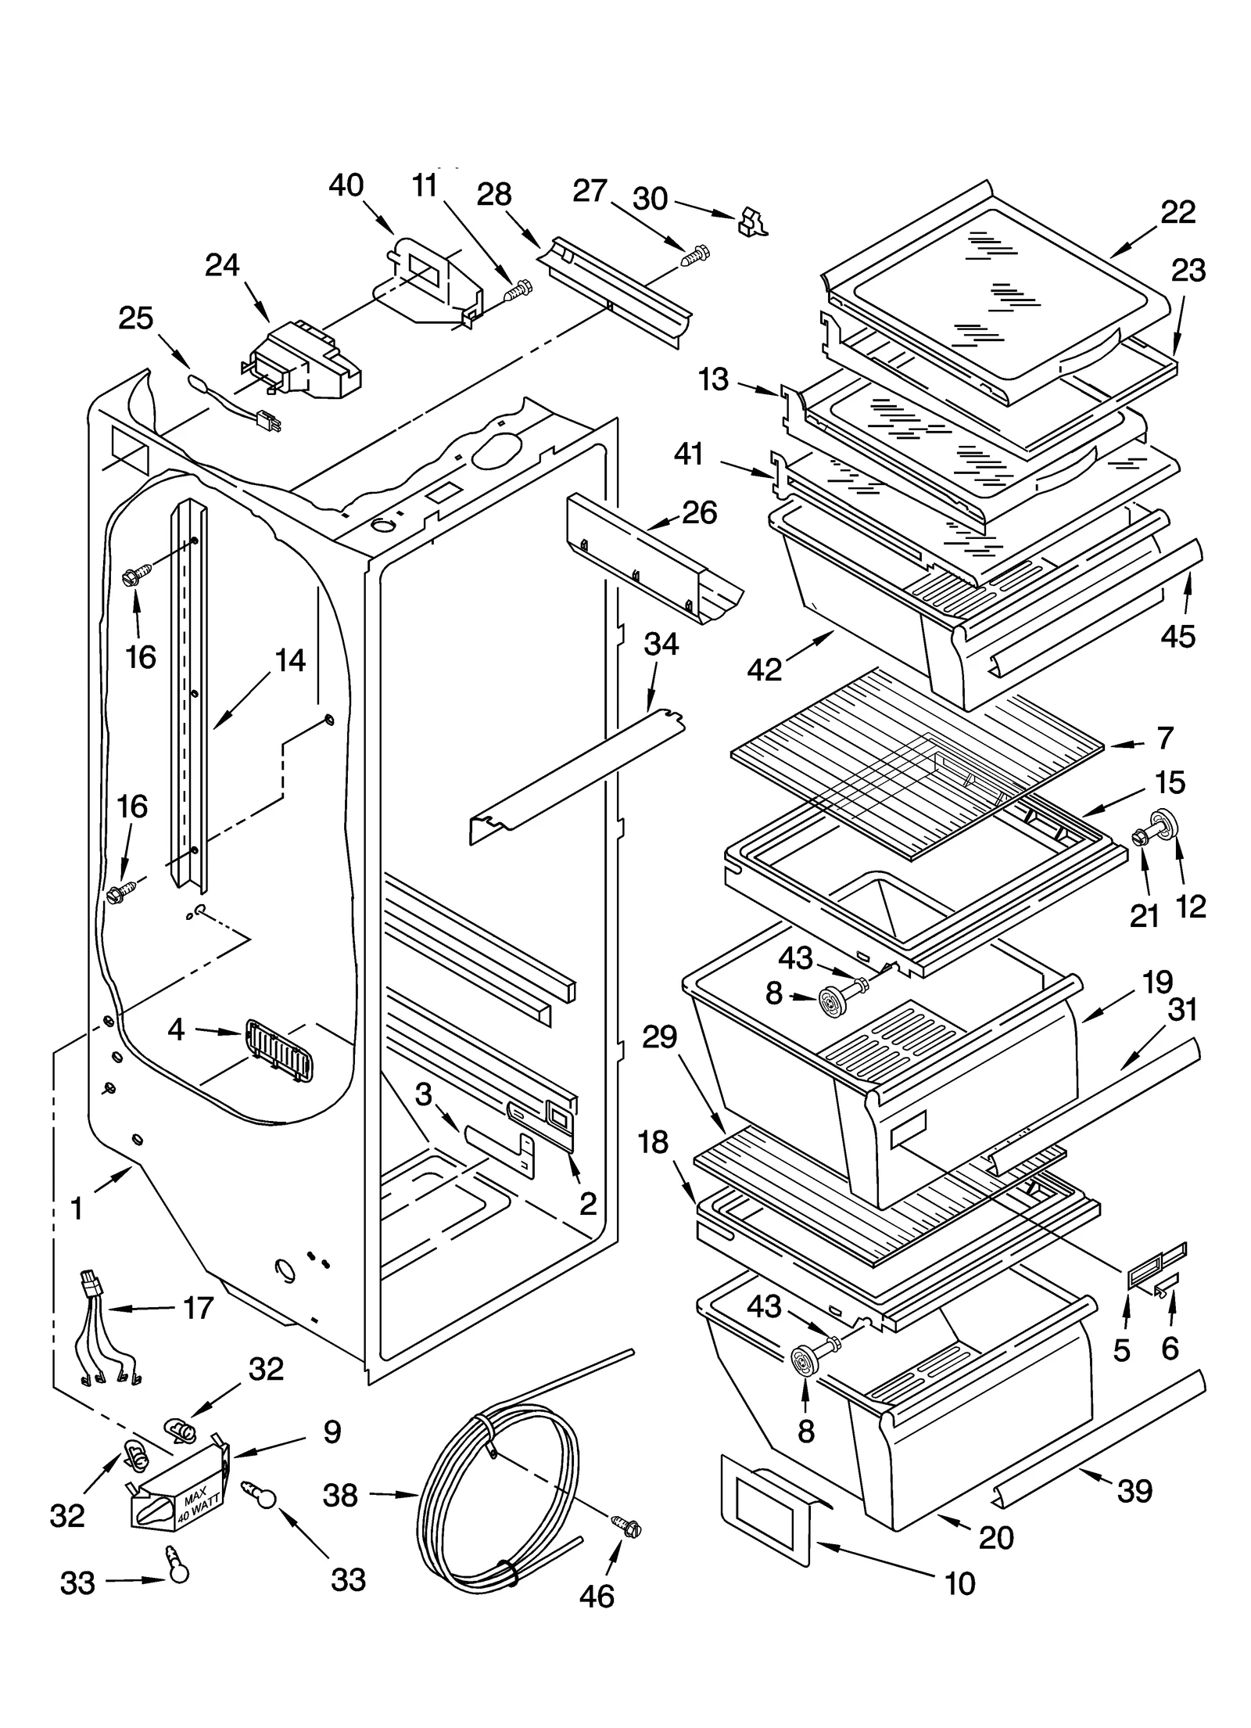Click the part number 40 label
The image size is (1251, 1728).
pos(346,185)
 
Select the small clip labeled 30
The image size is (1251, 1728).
pos(751,222)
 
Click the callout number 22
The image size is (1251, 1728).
pos(1178,212)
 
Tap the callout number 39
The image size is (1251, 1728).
pos(1135,1491)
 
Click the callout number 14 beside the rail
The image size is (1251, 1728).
pos(290,661)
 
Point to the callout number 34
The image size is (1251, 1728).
pos(661,645)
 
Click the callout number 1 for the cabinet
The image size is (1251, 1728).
pos(77,1209)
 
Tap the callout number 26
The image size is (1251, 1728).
pos(699,513)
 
